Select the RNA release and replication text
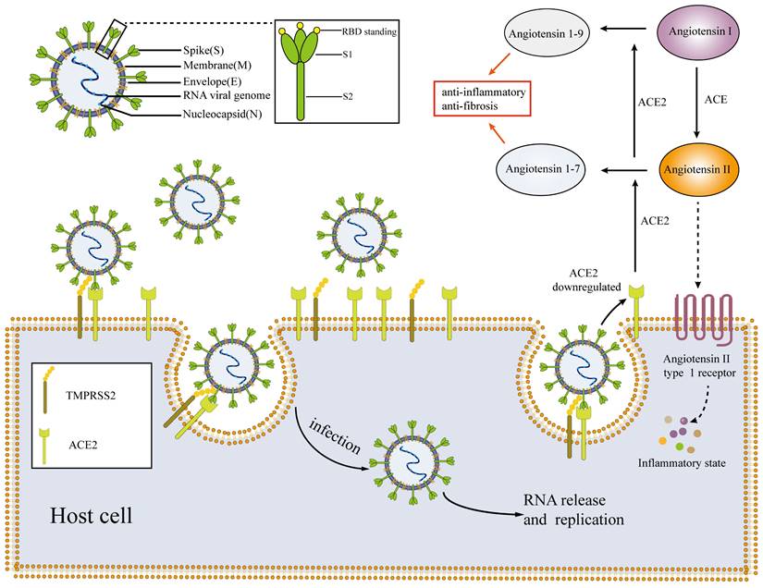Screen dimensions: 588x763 pos(573,510)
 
